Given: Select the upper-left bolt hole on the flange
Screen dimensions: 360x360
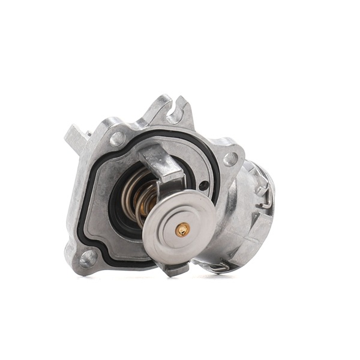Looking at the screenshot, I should pyautogui.click(x=118, y=139).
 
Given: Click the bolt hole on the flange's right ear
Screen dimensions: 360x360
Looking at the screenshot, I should pyautogui.click(x=230, y=159).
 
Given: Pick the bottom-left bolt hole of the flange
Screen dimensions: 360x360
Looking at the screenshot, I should pyautogui.click(x=88, y=258).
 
